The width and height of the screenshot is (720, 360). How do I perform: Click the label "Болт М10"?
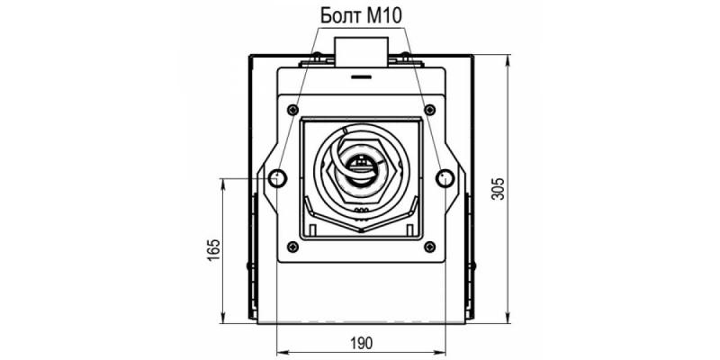point(361,15)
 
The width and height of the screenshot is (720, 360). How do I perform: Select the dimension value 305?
point(498,188)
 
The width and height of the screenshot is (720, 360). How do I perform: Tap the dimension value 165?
point(214,250)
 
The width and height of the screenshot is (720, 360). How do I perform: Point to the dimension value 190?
point(362,343)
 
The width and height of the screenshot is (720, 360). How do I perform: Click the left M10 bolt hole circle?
point(277,177)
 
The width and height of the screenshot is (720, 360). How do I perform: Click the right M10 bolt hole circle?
point(445,177)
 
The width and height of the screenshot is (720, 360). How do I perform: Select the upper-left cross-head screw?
point(292,110)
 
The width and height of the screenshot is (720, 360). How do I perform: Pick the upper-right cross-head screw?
point(430,110)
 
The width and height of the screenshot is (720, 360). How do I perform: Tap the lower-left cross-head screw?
point(292,247)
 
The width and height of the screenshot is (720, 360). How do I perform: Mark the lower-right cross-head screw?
point(430,247)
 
